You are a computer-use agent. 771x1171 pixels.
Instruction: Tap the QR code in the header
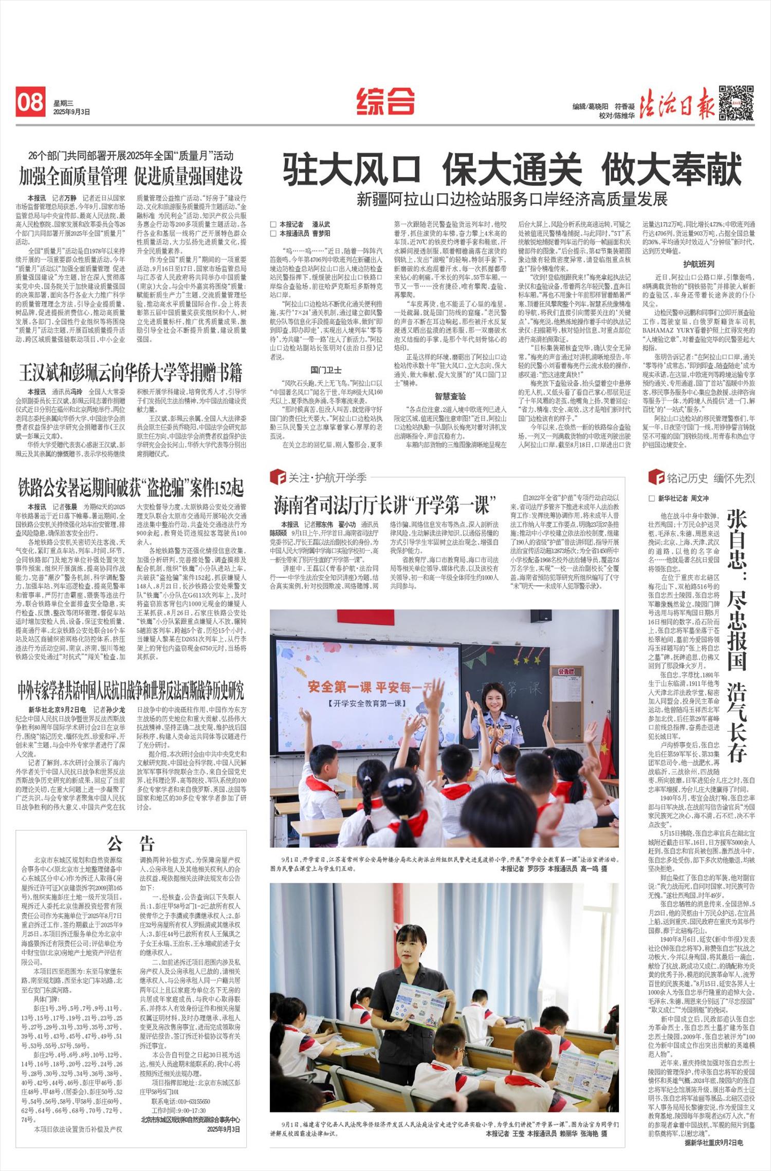(x=736, y=103)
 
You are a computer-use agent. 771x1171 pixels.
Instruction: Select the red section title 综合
(x=385, y=101)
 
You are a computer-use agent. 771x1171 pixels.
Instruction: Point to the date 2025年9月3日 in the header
(x=71, y=112)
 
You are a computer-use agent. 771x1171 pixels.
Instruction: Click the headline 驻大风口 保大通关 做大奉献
(x=512, y=170)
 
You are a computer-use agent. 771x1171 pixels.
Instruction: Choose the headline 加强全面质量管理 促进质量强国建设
(x=131, y=176)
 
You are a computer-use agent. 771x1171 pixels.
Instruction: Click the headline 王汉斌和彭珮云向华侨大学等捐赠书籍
(x=131, y=373)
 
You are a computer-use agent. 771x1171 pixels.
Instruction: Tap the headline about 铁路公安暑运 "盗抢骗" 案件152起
(x=131, y=488)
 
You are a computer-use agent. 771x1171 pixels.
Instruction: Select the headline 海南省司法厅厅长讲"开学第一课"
(x=384, y=506)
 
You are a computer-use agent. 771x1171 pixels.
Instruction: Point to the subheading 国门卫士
(x=326, y=369)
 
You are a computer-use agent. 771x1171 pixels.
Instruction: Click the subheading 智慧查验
(x=450, y=396)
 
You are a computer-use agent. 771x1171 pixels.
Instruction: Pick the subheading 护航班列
(x=699, y=264)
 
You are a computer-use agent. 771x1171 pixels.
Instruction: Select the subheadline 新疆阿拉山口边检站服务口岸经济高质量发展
(x=512, y=199)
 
